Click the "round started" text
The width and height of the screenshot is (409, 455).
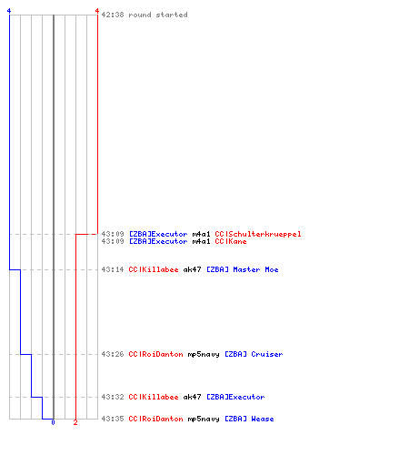coord(158,15)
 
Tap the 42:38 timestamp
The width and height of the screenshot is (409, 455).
coord(113,15)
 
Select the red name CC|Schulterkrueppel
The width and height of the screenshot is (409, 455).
coord(258,234)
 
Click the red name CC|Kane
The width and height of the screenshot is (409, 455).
coord(231,241)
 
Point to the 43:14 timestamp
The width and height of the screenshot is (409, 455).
coord(113,269)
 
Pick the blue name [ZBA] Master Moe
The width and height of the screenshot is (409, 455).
coord(243,269)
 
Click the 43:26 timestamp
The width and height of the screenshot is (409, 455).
coord(113,354)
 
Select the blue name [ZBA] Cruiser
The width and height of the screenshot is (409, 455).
coord(254,354)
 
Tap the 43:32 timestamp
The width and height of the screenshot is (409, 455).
coord(113,397)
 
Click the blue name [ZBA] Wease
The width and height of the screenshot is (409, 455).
coord(249,419)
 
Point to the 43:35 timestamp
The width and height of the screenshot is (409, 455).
coord(113,419)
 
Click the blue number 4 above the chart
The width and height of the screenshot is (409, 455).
coord(9,11)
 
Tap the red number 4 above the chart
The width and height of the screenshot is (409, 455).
coord(97,11)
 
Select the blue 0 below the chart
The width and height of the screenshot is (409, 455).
coord(53,422)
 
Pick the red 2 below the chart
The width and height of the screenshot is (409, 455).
coord(75,422)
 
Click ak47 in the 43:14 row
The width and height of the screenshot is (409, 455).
coord(192,269)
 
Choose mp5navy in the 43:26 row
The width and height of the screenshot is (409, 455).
coord(204,355)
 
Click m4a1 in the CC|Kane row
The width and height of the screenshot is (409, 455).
coord(201,241)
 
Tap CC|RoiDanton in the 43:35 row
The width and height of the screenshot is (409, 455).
coord(155,419)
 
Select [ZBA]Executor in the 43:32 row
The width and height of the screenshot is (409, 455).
coord(235,397)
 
